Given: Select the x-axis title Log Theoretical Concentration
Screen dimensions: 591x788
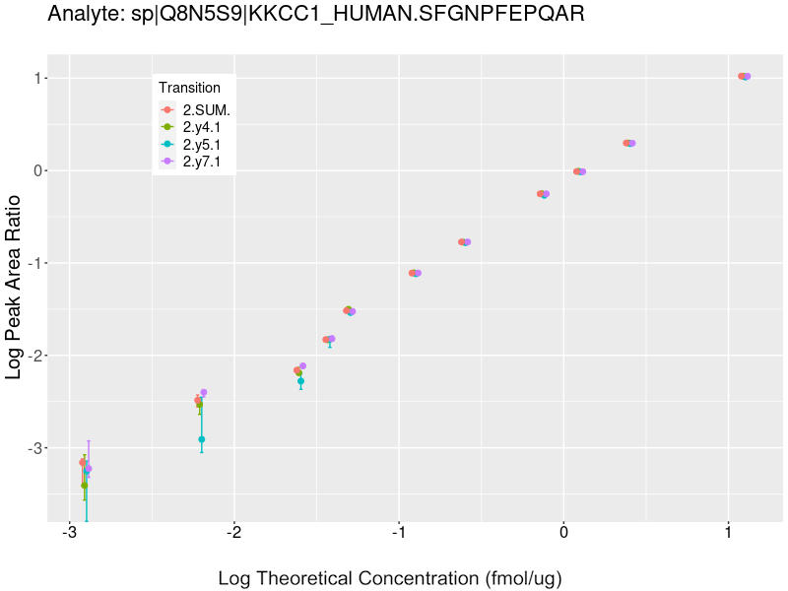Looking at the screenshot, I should (389, 577).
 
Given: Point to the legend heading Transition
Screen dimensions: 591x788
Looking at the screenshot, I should (189, 88).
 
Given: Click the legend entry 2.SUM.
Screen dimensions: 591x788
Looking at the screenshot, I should (206, 110).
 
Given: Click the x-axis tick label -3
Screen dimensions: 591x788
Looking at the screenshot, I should (69, 533).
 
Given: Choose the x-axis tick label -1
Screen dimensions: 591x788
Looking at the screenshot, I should (398, 533).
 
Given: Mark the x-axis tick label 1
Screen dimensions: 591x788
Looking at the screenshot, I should (728, 533).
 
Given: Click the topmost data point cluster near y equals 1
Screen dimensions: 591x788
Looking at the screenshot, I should (744, 76).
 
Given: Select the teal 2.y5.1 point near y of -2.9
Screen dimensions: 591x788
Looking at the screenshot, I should (201, 439).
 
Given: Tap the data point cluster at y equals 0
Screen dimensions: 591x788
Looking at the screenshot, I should (579, 171).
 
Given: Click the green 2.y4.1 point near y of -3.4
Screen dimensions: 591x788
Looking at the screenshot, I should (84, 485).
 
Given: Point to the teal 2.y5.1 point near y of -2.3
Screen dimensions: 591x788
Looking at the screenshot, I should (300, 380).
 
